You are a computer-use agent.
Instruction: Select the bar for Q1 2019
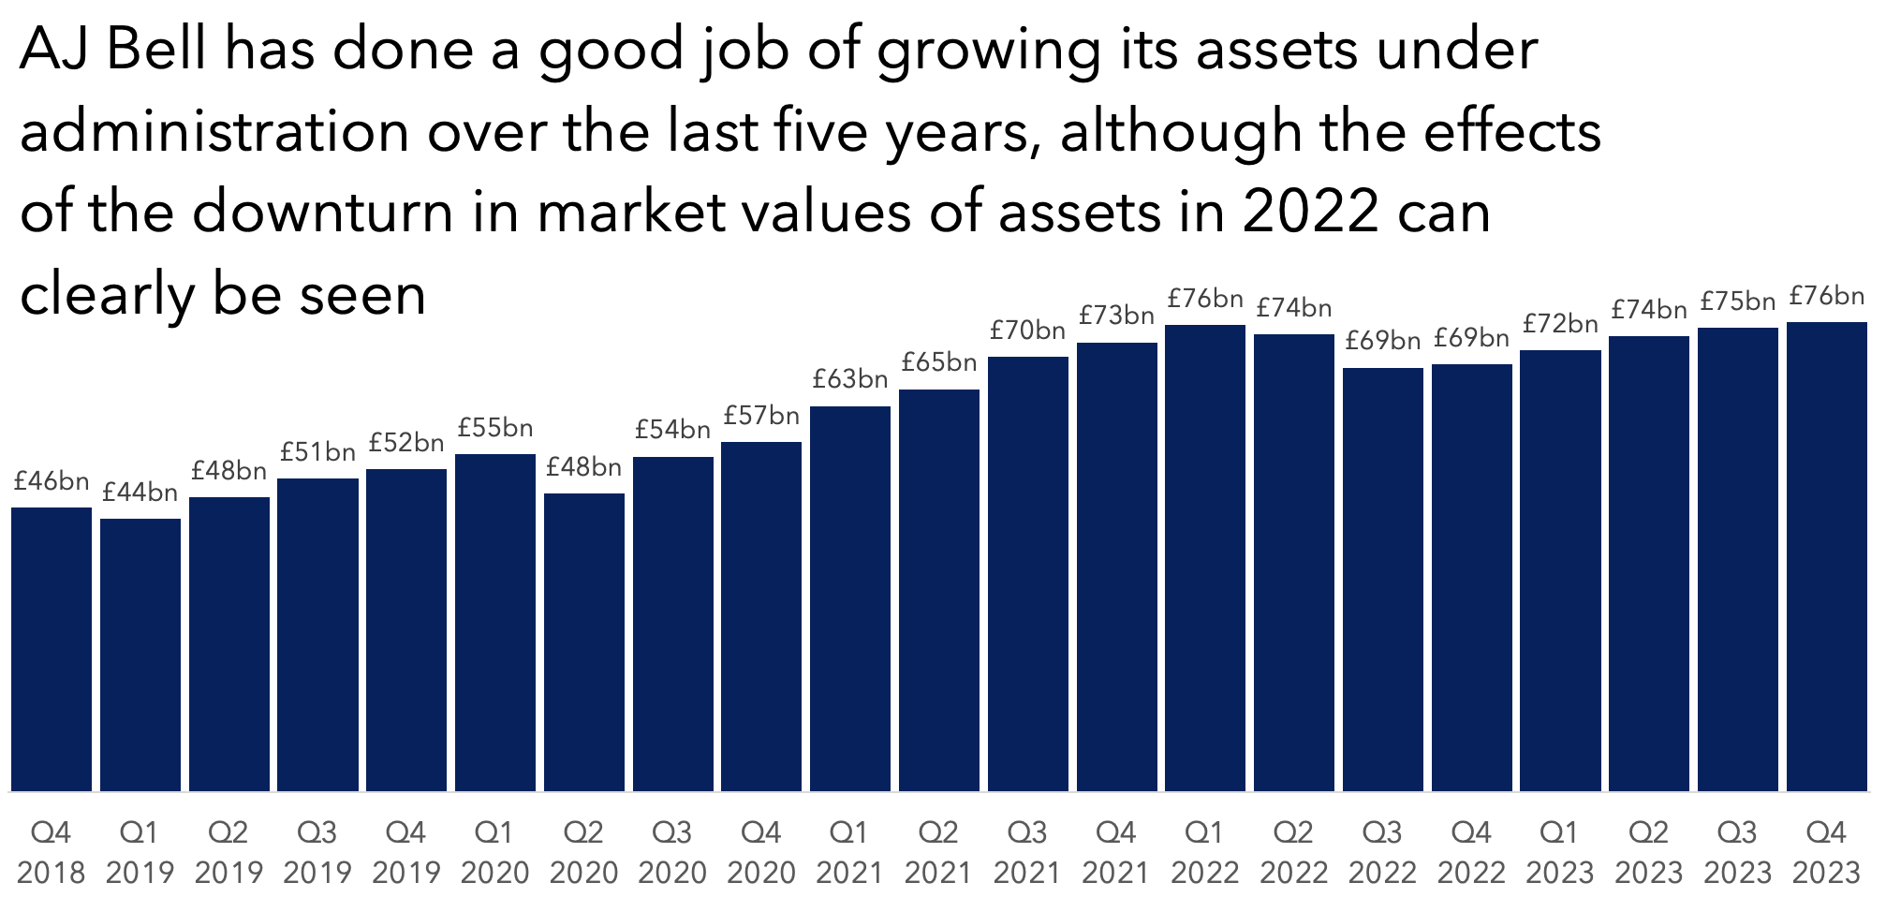tap(140, 655)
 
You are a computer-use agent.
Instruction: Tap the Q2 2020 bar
tap(584, 642)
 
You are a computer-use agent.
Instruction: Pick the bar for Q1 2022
tap(1205, 558)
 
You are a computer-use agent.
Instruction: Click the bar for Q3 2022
tap(1383, 580)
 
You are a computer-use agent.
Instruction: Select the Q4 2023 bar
tap(1827, 556)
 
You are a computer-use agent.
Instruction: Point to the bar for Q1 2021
tap(850, 598)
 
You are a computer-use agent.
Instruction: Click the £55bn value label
tap(495, 428)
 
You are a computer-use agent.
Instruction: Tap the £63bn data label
tap(850, 379)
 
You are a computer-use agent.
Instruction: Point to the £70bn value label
tap(1028, 331)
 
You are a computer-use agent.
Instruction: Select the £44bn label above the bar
tap(140, 492)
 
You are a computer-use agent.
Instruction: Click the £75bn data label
tap(1738, 302)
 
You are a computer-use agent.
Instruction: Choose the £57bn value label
tap(762, 415)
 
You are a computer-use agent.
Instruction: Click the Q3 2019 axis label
tap(317, 852)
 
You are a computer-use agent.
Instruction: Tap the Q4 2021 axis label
tap(1116, 852)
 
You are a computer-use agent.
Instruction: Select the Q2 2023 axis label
tap(1649, 852)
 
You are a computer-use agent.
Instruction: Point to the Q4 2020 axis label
tap(761, 852)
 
